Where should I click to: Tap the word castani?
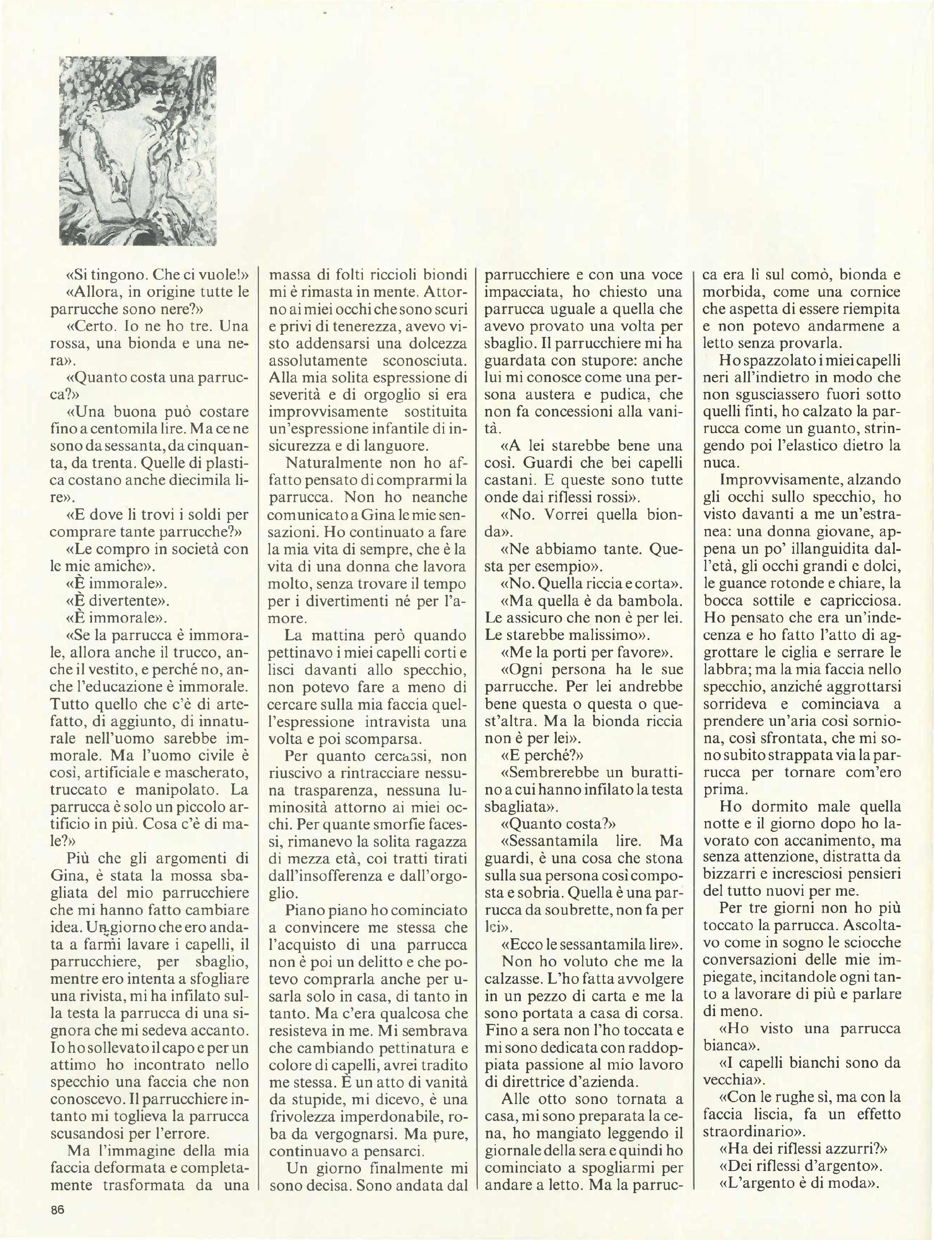pyautogui.click(x=510, y=480)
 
